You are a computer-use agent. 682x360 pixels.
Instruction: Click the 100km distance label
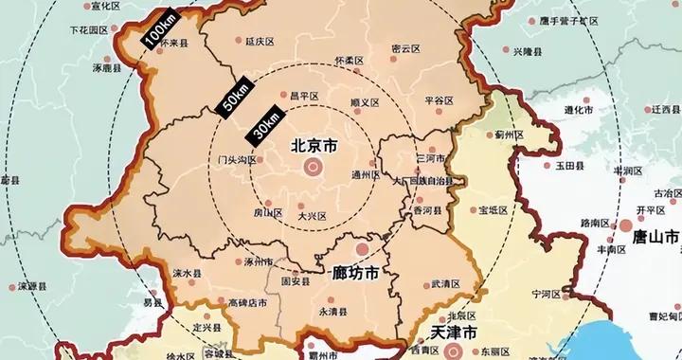click(x=155, y=35)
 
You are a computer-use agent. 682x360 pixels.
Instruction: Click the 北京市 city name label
click(x=312, y=146)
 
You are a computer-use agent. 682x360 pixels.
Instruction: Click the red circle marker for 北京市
click(x=312, y=168)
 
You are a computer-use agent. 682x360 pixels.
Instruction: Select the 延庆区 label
click(x=259, y=42)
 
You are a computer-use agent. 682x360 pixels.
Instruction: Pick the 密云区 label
click(x=405, y=49)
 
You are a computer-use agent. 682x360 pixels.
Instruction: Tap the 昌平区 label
click(x=304, y=96)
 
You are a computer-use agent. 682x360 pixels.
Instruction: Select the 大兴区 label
click(x=312, y=216)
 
